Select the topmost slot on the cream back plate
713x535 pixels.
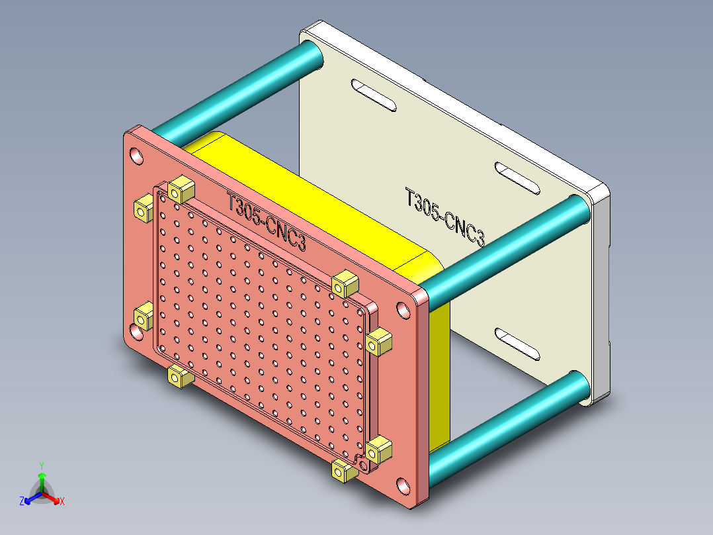click(x=372, y=95)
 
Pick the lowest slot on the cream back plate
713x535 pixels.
click(x=518, y=344)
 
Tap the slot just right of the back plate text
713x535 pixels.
click(x=519, y=179)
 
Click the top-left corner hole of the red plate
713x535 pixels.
click(x=136, y=157)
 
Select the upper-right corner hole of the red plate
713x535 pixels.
click(x=403, y=309)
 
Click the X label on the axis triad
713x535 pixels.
click(x=62, y=502)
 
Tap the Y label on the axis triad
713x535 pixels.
click(x=41, y=465)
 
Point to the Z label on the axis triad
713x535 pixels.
click(x=22, y=502)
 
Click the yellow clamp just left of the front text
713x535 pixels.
click(x=179, y=190)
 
